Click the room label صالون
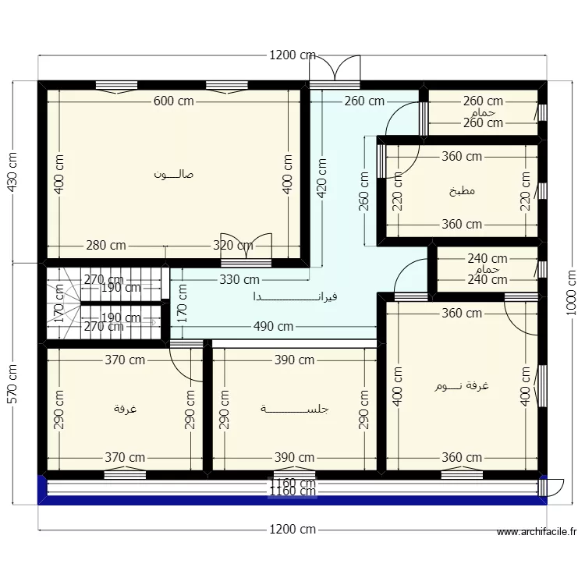[x=174, y=174]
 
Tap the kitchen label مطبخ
[x=463, y=191]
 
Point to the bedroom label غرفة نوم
[x=463, y=386]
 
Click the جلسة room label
[x=295, y=409]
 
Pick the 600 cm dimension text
[x=174, y=101]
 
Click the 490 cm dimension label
[x=273, y=327]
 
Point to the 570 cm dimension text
[x=12, y=383]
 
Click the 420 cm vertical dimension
[x=321, y=180]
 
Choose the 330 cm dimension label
[x=239, y=279]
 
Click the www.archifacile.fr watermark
[x=537, y=534]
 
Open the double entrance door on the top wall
[x=335, y=69]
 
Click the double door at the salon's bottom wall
[x=246, y=246]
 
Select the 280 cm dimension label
[x=106, y=245]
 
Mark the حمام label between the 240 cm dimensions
[x=487, y=269]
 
